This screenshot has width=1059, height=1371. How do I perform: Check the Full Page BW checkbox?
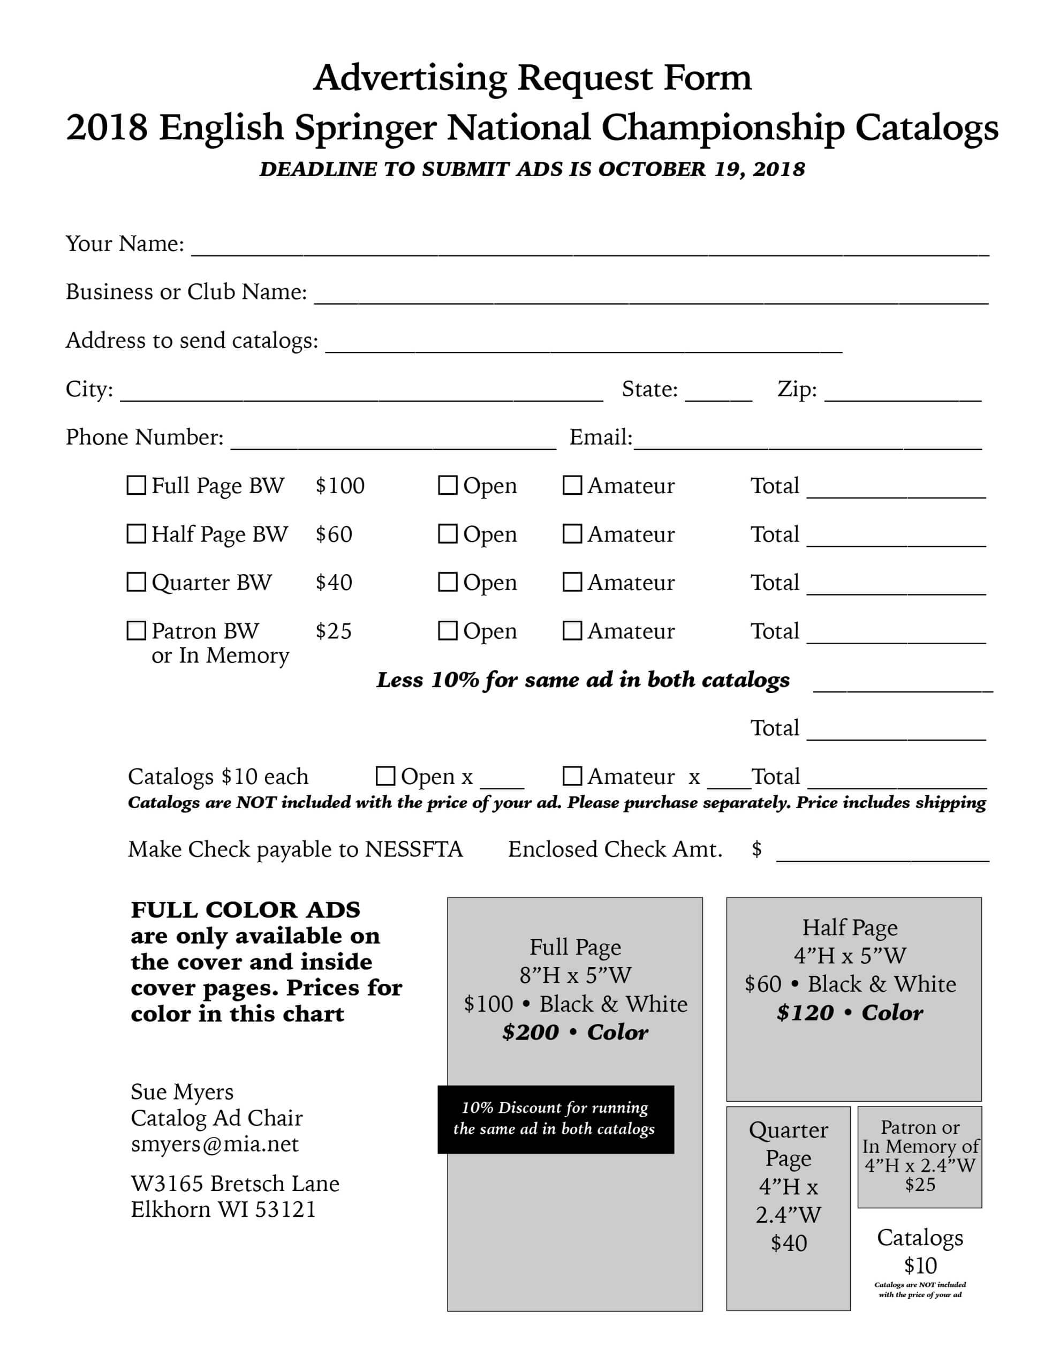click(136, 485)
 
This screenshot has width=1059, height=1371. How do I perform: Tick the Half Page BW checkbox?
click(136, 533)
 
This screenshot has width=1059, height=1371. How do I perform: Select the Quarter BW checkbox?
click(136, 582)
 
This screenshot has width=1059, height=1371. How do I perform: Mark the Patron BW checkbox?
click(136, 630)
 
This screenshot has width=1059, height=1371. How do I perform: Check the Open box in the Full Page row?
click(447, 485)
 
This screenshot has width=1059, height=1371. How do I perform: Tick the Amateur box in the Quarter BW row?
click(572, 582)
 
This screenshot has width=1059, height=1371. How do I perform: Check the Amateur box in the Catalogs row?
click(572, 776)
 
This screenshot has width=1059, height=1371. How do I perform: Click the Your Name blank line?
click(590, 247)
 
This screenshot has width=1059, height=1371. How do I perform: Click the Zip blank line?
click(903, 393)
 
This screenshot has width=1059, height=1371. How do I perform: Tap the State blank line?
click(718, 393)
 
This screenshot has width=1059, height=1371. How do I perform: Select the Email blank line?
click(807, 441)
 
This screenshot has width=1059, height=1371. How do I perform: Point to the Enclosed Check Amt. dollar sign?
click(757, 849)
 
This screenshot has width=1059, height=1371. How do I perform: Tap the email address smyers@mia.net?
click(215, 1144)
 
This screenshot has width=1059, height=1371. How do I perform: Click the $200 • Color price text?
click(574, 1032)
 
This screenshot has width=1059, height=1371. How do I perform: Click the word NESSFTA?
click(414, 849)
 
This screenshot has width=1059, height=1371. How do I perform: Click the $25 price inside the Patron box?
click(920, 1185)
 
